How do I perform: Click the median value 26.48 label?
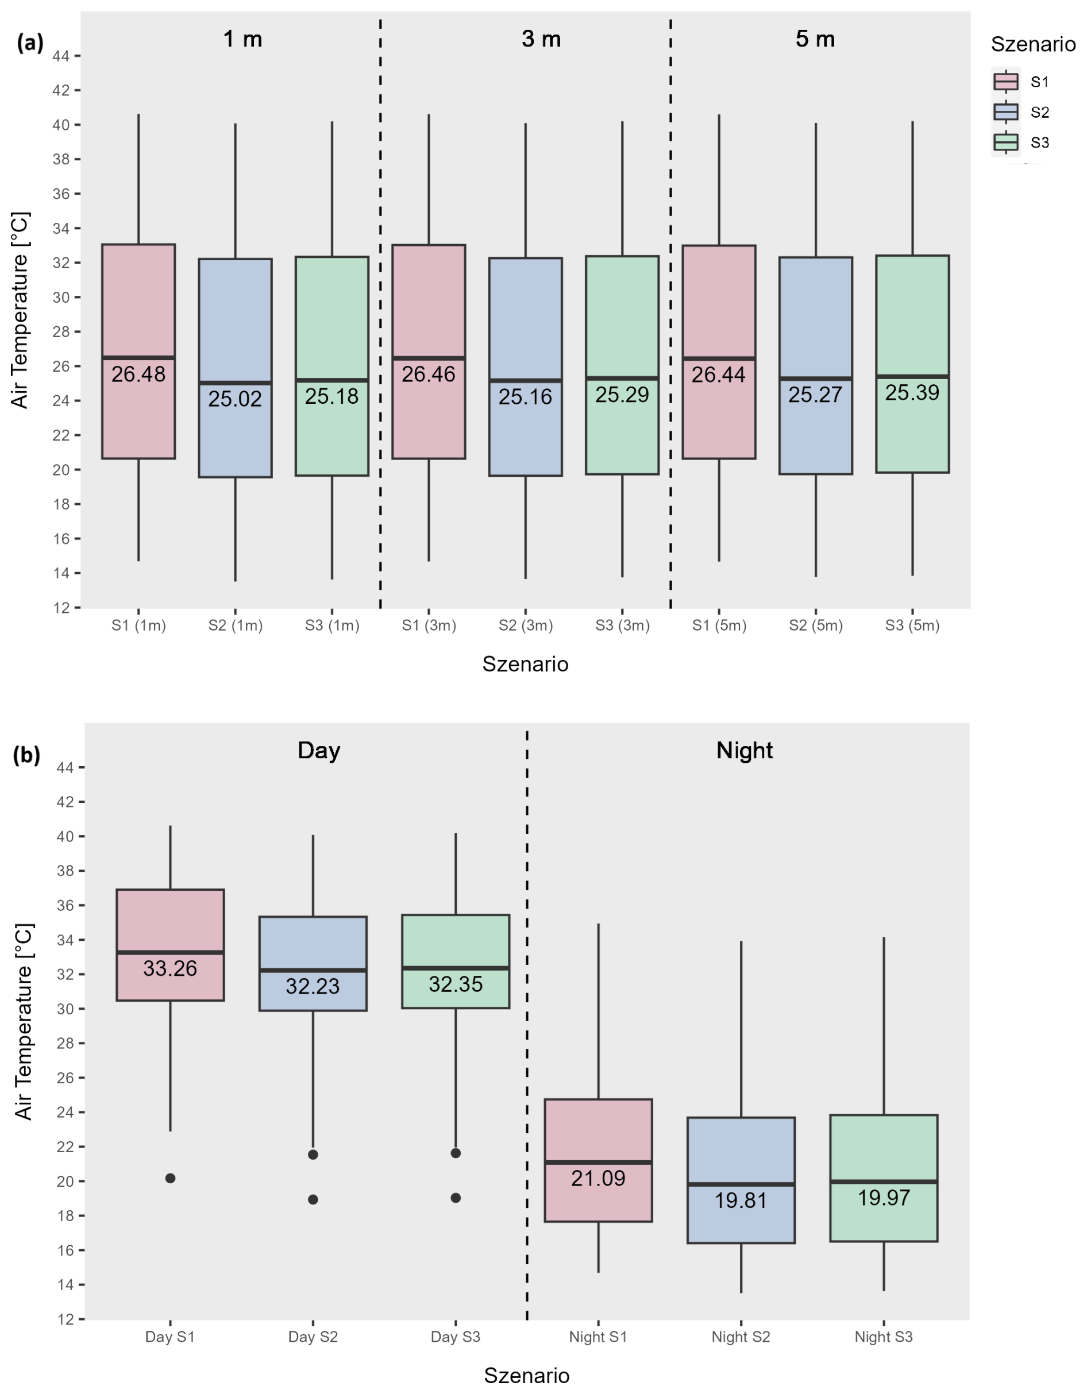coord(138,374)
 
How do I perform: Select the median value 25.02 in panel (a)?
coord(235,399)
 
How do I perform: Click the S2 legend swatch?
coord(1006,113)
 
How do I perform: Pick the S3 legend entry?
coord(1039,143)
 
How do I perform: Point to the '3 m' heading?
coord(541,40)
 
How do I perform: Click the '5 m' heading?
coord(815,40)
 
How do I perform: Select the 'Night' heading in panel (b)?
coord(743,750)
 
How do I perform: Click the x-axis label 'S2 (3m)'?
coord(525,625)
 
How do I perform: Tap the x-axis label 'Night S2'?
coord(741,1337)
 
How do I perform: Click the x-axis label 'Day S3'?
coord(455,1337)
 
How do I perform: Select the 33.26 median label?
coord(170,968)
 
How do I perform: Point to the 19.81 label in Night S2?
coord(741,1200)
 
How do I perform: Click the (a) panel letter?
coord(30,44)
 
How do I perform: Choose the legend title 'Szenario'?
coord(1033,44)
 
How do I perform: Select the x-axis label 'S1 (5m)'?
coord(719,625)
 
